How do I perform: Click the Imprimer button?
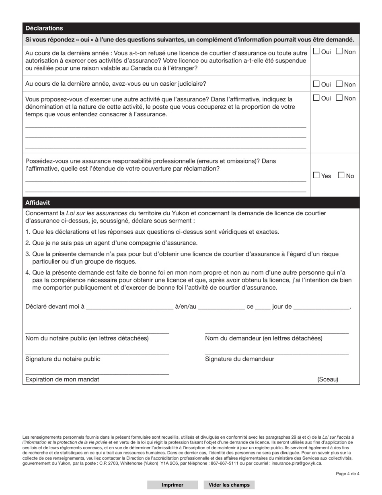[173, 485]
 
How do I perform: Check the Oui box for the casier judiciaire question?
[316, 84]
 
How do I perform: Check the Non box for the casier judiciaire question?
[339, 84]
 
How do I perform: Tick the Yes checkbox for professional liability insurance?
[316, 175]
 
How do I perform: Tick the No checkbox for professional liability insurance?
[341, 175]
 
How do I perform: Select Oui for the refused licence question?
[316, 52]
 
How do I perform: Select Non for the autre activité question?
[339, 98]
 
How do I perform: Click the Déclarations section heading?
[44, 28]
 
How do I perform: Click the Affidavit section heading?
[37, 202]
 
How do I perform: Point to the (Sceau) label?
[328, 379]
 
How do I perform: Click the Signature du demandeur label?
[239, 359]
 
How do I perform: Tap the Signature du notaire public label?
[63, 359]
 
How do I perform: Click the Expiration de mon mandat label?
[62, 379]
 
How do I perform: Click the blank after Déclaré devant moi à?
[129, 307]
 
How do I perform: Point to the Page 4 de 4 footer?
[347, 474]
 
